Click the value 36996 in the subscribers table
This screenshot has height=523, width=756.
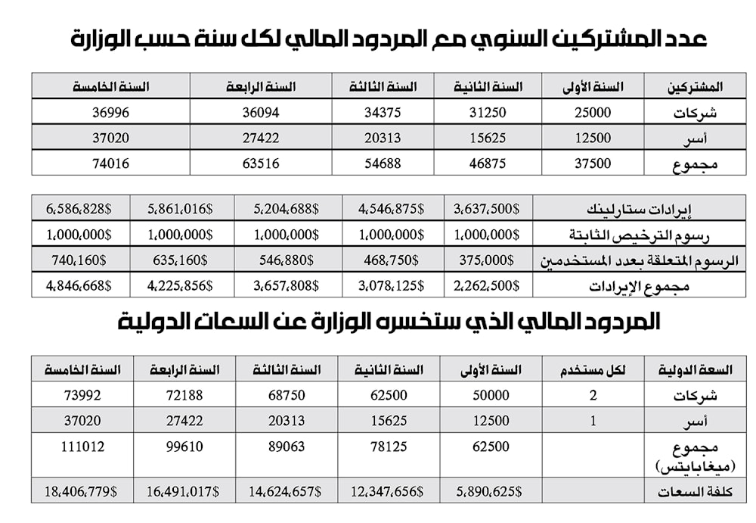(x=110, y=112)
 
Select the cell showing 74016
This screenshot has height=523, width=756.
(x=110, y=163)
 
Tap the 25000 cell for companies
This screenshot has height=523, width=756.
(x=592, y=112)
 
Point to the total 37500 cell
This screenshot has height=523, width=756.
(x=592, y=163)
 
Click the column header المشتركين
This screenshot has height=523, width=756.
(x=695, y=87)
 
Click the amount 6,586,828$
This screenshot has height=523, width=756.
(x=79, y=208)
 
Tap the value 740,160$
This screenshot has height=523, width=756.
(x=79, y=260)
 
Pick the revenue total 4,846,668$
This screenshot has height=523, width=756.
(x=79, y=285)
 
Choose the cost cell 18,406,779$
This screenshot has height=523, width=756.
(x=79, y=490)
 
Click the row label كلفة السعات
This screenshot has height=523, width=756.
(x=700, y=491)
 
